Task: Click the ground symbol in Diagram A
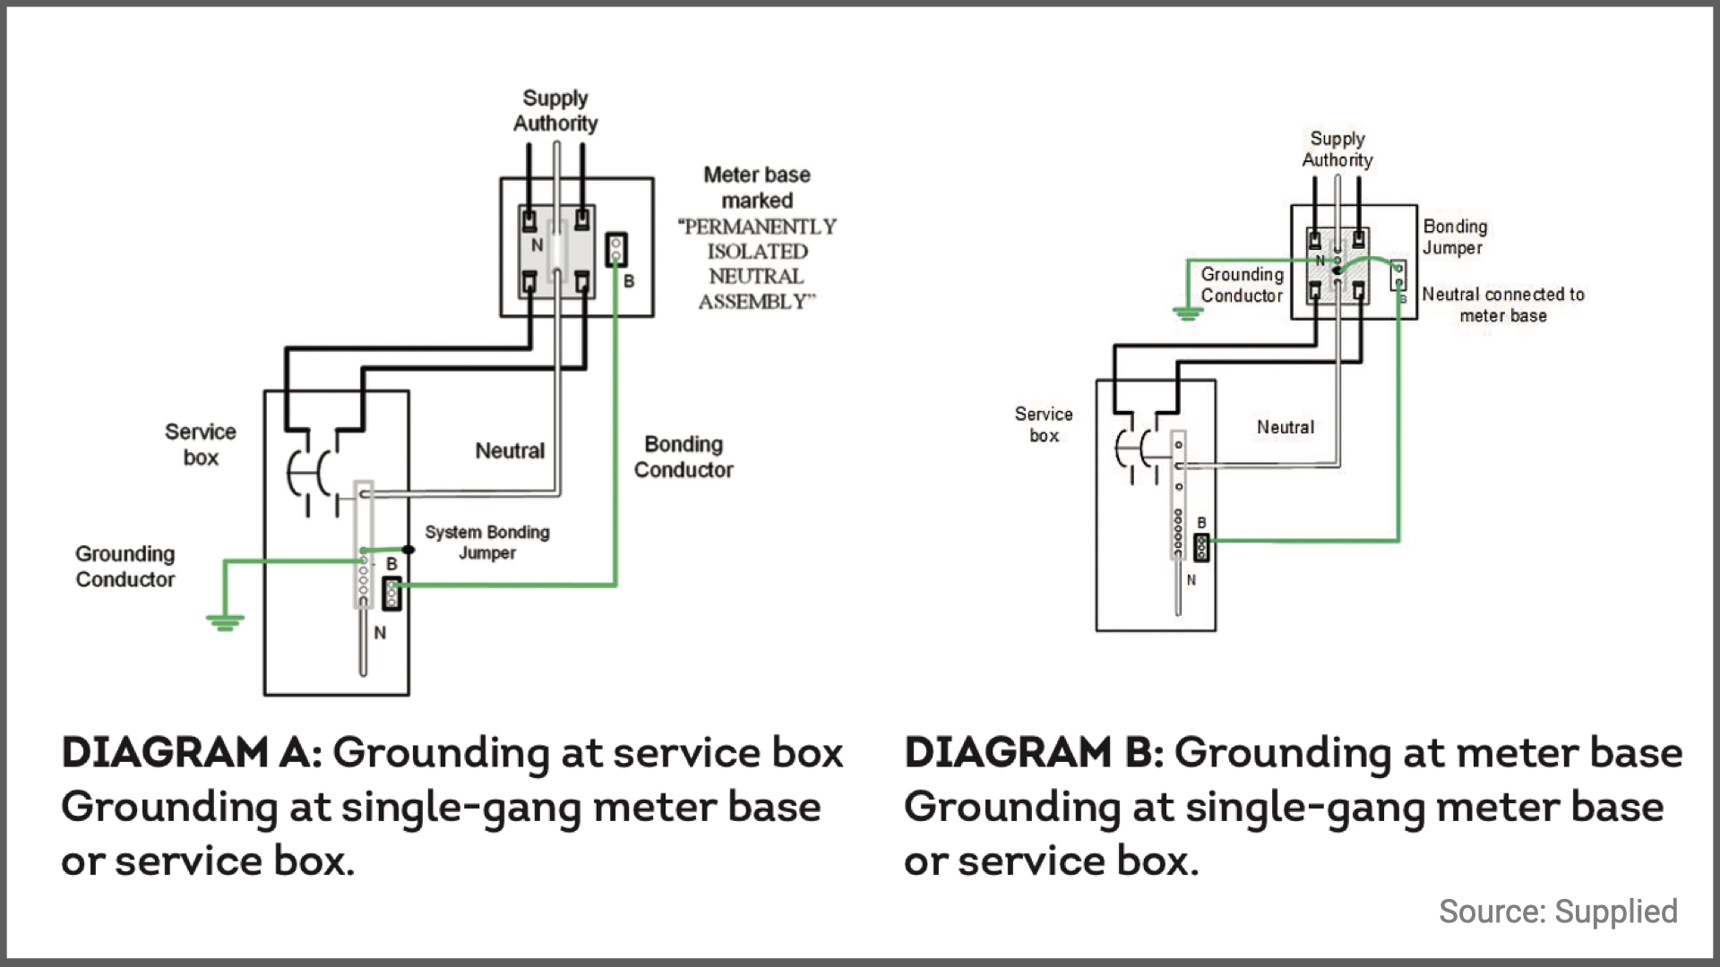(x=224, y=622)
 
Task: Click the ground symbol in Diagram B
(x=1188, y=313)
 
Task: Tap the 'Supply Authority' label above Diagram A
(x=555, y=111)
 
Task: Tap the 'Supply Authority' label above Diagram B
(x=1337, y=150)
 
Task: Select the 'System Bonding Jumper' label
(x=487, y=543)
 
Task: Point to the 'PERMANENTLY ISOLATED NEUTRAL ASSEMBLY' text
(x=758, y=264)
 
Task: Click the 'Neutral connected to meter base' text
(x=1503, y=305)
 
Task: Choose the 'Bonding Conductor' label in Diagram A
(x=684, y=457)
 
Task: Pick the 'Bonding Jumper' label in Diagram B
(x=1455, y=237)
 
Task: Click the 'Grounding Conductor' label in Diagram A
(x=125, y=567)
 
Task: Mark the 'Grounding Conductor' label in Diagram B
(x=1243, y=285)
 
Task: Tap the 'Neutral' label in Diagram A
(x=510, y=451)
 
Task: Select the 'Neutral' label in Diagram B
(x=1286, y=428)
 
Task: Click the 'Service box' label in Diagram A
(x=201, y=445)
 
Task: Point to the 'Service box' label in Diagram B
(x=1044, y=424)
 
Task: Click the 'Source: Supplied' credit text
(x=1558, y=911)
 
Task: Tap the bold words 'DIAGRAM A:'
(x=191, y=753)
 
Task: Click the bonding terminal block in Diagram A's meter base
(x=616, y=250)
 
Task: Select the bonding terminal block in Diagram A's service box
(x=391, y=594)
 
